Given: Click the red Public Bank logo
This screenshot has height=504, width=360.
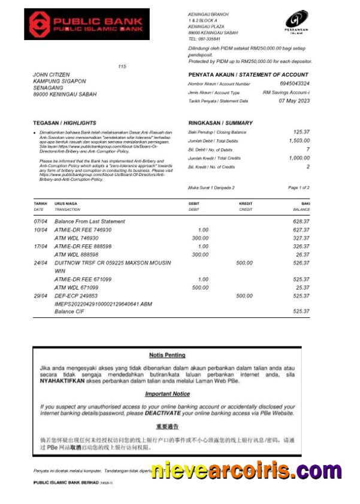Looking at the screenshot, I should (x=78, y=24).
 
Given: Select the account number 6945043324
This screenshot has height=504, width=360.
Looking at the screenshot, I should (x=295, y=84).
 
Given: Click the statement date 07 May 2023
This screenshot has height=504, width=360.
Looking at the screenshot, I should (x=294, y=101).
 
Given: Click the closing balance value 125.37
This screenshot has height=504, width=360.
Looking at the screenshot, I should (x=301, y=132).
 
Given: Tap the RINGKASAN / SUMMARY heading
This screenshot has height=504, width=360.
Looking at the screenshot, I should (x=212, y=123).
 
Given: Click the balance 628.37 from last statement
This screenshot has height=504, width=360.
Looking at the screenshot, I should (x=301, y=221).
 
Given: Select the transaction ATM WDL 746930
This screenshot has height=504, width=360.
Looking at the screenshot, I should (x=76, y=238).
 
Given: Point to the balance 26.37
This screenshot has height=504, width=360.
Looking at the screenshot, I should (x=302, y=254).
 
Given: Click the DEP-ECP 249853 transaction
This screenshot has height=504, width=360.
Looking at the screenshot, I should (x=77, y=296).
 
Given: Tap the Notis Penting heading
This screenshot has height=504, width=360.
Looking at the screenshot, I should (x=167, y=355).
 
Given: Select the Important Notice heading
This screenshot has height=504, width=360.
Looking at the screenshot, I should (x=167, y=394).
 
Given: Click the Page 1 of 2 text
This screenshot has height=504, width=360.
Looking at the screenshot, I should (x=299, y=187).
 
